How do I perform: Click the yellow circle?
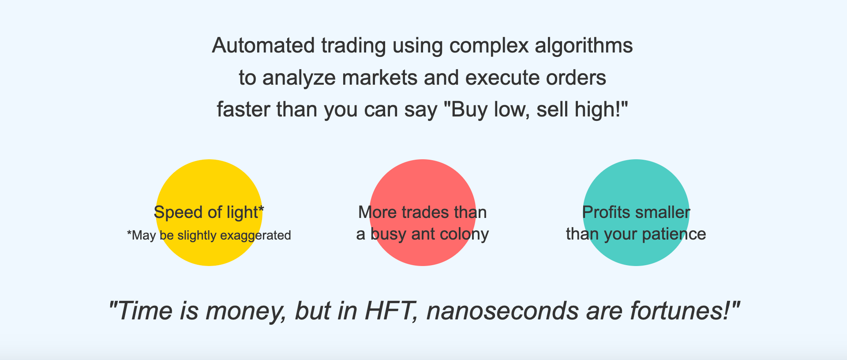pyautogui.click(x=209, y=213)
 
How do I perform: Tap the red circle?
pyautogui.click(x=423, y=213)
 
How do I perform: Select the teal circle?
pyautogui.click(x=636, y=213)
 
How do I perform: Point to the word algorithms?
pyautogui.click(x=584, y=46)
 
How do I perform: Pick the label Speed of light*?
pyautogui.click(x=209, y=213)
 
